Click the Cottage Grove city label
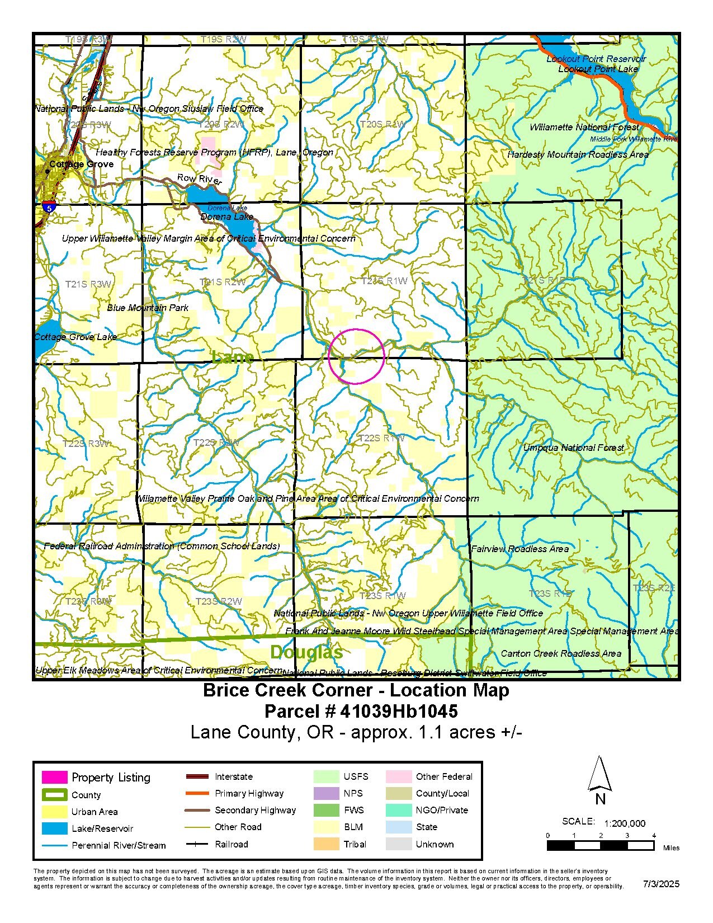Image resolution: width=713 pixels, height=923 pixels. point(81,164)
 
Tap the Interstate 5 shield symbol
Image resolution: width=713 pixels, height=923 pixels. point(49,207)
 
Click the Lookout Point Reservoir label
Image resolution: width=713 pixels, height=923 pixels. point(596,59)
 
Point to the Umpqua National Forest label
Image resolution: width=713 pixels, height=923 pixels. point(573,448)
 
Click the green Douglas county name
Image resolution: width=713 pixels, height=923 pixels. point(306,652)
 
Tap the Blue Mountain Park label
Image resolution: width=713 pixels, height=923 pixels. point(148,308)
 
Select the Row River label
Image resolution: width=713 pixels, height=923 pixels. point(199,179)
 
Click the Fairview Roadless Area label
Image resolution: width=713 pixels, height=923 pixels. point(520,549)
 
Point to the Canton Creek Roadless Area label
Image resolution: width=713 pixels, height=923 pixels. point(561,653)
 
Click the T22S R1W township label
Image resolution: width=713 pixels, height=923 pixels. point(381,438)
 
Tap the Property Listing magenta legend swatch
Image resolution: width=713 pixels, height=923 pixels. point(54,777)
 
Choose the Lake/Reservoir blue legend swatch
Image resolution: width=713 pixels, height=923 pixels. point(54,828)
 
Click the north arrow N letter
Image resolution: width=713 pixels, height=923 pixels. point(600,799)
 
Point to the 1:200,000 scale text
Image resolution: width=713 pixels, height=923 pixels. point(625,823)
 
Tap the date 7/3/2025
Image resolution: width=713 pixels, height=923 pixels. point(661,884)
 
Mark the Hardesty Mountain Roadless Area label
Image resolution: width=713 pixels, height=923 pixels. point(578,154)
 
